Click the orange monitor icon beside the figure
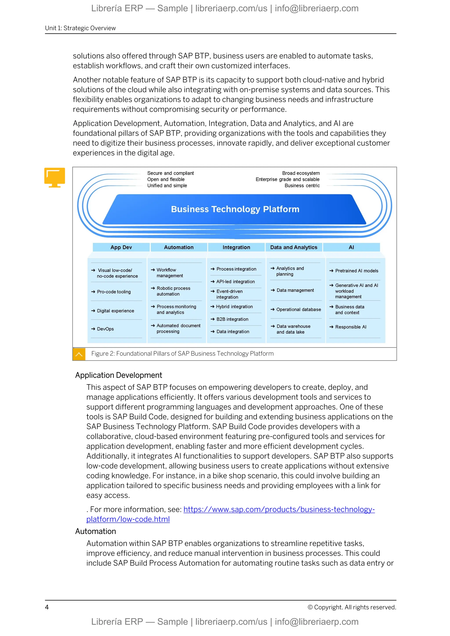[x=54, y=177]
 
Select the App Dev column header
[x=121, y=247]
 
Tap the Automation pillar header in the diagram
[x=179, y=247]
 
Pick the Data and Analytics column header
[x=294, y=247]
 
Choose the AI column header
[x=351, y=247]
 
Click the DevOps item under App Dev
[x=105, y=329]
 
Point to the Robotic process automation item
[x=173, y=291]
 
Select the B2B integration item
[x=232, y=319]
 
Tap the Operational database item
[x=298, y=309]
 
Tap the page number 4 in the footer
[x=47, y=607]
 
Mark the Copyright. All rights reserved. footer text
[x=352, y=607]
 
